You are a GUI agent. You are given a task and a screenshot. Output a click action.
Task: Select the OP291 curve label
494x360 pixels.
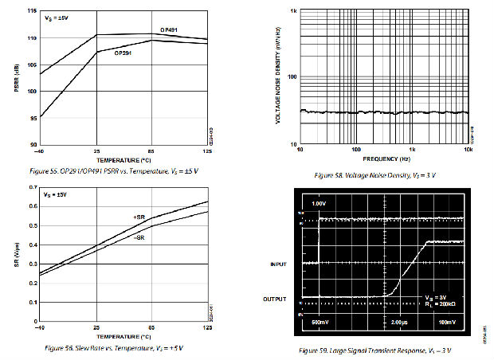point(123,53)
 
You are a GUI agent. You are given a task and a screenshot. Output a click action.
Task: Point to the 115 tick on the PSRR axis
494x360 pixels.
point(32,12)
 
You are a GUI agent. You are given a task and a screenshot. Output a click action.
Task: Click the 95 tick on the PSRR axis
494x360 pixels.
point(33,118)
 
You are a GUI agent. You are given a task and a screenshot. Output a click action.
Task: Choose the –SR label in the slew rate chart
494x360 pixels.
point(139,237)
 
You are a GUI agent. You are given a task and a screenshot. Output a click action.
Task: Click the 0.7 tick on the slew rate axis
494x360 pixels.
point(33,188)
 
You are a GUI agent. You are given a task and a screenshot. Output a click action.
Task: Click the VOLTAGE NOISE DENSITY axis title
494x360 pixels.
point(278,77)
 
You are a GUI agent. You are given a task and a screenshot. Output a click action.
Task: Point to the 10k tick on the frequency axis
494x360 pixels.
point(468,149)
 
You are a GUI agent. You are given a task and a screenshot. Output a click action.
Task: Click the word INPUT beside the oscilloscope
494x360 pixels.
point(279,264)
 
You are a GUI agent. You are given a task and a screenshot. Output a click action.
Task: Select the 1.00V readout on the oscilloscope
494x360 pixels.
point(320,204)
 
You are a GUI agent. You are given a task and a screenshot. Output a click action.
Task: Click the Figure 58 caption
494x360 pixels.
point(373,174)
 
